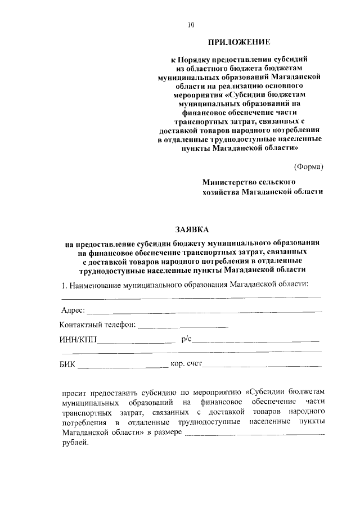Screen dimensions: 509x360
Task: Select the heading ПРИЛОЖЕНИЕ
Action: point(240,42)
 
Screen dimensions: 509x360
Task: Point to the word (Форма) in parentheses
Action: point(309,166)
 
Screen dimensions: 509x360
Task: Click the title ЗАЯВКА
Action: point(191,229)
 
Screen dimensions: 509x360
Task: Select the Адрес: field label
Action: point(73,310)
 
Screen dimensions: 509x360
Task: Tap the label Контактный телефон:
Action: point(97,325)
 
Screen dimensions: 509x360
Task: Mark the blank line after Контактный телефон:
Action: point(183,326)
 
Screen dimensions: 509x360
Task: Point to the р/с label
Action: point(187,339)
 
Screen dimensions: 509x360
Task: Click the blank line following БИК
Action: point(122,367)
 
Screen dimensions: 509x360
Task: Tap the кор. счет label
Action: point(186,364)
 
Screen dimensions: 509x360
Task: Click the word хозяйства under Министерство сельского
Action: point(221,192)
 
